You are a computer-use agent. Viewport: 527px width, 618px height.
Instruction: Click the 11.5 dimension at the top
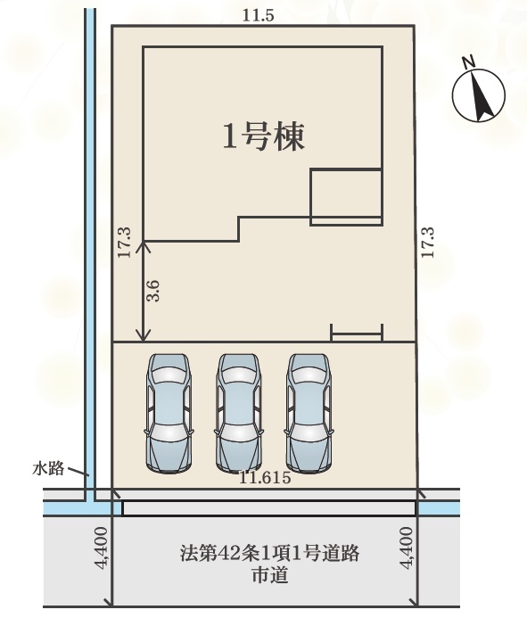(258, 15)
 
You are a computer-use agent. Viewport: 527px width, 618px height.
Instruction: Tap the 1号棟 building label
(264, 136)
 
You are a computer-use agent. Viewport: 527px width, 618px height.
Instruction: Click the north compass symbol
(479, 95)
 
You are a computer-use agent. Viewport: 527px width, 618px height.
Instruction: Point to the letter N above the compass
(469, 62)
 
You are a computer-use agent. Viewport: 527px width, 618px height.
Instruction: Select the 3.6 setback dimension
(153, 291)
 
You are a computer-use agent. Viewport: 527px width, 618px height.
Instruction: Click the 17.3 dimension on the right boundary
(427, 243)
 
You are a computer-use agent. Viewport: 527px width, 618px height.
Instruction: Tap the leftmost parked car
(169, 413)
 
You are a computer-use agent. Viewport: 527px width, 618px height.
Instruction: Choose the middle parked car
(239, 413)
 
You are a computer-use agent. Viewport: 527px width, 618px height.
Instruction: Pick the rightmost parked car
(309, 413)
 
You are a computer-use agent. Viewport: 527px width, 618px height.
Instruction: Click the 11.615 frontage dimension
(265, 478)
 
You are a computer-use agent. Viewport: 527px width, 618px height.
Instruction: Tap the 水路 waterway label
(48, 468)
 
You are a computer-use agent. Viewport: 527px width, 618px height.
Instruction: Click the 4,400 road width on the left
(102, 548)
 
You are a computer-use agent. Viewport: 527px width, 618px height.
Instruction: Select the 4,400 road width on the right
(407, 548)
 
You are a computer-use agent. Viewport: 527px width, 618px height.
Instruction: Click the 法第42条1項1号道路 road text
(269, 553)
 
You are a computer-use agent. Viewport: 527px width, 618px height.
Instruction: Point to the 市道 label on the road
(269, 574)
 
